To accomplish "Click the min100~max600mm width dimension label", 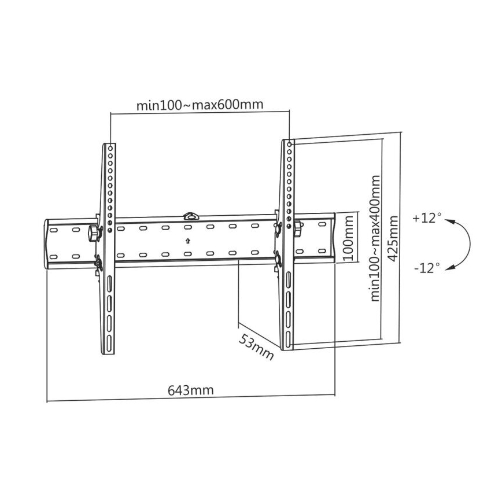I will [200, 105].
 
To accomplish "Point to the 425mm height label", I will [394, 239].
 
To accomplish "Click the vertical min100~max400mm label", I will [376, 238].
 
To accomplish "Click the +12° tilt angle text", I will [427, 219].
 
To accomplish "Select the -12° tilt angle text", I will [427, 267].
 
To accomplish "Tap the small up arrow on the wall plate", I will [188, 241].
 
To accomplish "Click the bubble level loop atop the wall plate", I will [190, 216].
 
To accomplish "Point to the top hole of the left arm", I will [109, 147].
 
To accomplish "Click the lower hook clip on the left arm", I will [98, 264].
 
